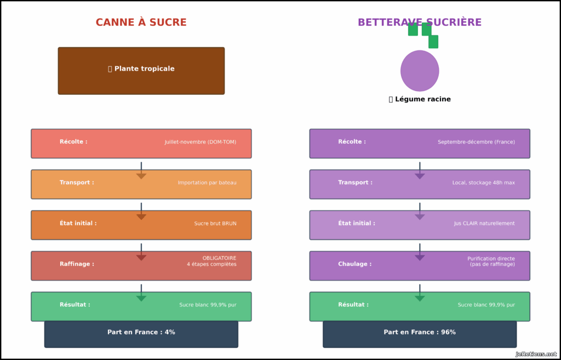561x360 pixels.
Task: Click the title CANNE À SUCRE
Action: coord(141,22)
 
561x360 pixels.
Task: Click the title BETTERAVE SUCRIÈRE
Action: coord(419,22)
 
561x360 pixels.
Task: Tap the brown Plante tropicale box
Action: coord(141,71)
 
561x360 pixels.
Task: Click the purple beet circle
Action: coord(420,71)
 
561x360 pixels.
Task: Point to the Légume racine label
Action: coord(420,99)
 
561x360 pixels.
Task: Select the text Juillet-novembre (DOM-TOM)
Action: coord(201,142)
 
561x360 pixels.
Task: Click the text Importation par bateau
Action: coord(207,183)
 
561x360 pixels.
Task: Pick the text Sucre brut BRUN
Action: coord(215,224)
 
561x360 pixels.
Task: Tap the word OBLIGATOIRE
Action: coord(219,258)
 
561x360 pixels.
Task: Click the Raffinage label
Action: coord(77,264)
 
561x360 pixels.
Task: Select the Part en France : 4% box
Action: coord(141,333)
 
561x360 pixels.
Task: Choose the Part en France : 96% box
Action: coord(420,333)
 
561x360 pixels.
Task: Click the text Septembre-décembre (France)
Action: coord(476,142)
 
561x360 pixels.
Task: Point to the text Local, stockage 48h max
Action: coord(483,183)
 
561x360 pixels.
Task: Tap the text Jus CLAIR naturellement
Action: coord(484,224)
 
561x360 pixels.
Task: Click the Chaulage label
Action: coord(354,264)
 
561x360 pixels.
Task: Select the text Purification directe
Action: coord(491,259)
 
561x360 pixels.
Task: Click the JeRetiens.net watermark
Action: coord(536,354)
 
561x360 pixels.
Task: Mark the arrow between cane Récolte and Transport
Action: coord(141,170)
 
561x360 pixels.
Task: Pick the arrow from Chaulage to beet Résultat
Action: coord(420,293)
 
